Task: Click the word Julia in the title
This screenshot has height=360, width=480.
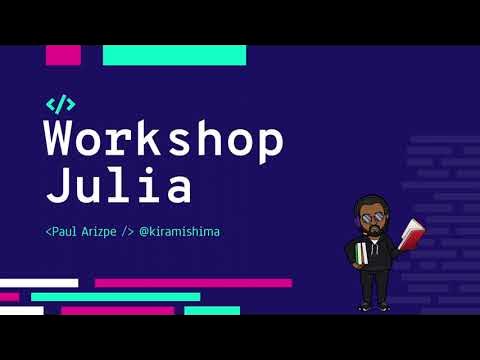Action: coord(119,186)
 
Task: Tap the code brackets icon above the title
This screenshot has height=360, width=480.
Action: coord(60,103)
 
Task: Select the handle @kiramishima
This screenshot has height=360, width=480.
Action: coord(180,232)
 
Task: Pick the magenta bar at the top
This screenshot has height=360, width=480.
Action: coord(63,55)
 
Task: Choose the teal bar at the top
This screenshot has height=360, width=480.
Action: coord(174,55)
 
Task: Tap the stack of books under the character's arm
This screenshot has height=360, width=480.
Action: coord(360,254)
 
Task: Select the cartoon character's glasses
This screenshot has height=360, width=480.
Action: coord(373,218)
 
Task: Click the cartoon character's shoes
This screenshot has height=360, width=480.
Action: coord(373,306)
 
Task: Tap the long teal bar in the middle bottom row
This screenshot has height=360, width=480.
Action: coord(115,297)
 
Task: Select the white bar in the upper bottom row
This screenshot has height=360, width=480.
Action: coord(39,283)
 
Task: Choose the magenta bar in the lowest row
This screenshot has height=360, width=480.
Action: coord(117,310)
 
